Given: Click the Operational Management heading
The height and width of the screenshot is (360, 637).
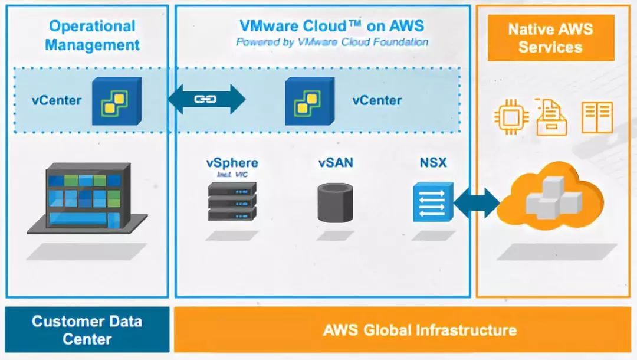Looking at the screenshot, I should pyautogui.click(x=92, y=35).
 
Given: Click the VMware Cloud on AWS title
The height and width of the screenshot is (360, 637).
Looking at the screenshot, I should pyautogui.click(x=331, y=26).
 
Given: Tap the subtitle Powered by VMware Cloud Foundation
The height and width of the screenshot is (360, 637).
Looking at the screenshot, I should pyautogui.click(x=331, y=42).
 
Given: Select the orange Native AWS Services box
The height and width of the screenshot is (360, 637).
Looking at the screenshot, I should pyautogui.click(x=550, y=38).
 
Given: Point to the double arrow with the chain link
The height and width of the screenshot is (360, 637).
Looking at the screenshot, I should pyautogui.click(x=206, y=99).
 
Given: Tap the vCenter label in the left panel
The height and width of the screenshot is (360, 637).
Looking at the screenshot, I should pyautogui.click(x=57, y=100).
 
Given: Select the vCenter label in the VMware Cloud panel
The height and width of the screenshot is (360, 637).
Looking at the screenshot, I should pyautogui.click(x=377, y=100).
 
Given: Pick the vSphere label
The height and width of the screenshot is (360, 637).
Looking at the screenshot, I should pyautogui.click(x=232, y=162).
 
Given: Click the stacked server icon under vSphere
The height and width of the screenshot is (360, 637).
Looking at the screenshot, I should pyautogui.click(x=232, y=201).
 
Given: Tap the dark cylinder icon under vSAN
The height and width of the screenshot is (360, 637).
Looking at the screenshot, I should pyautogui.click(x=335, y=202).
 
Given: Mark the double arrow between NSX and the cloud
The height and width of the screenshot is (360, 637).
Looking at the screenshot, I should pyautogui.click(x=477, y=202).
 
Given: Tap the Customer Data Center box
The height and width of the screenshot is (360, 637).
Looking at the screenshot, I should pyautogui.click(x=87, y=329).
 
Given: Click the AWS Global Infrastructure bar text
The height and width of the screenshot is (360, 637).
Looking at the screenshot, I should pyautogui.click(x=419, y=329).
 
